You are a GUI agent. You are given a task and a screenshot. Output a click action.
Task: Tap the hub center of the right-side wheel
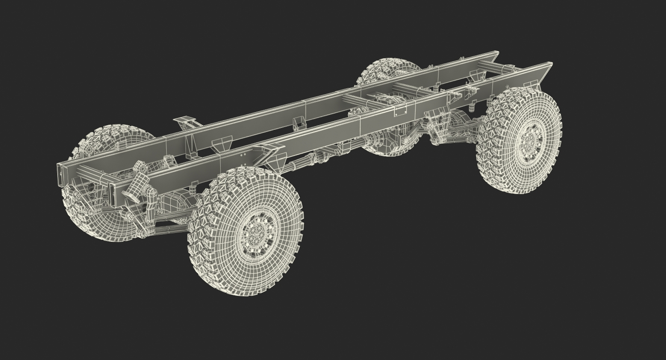[529, 142]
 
